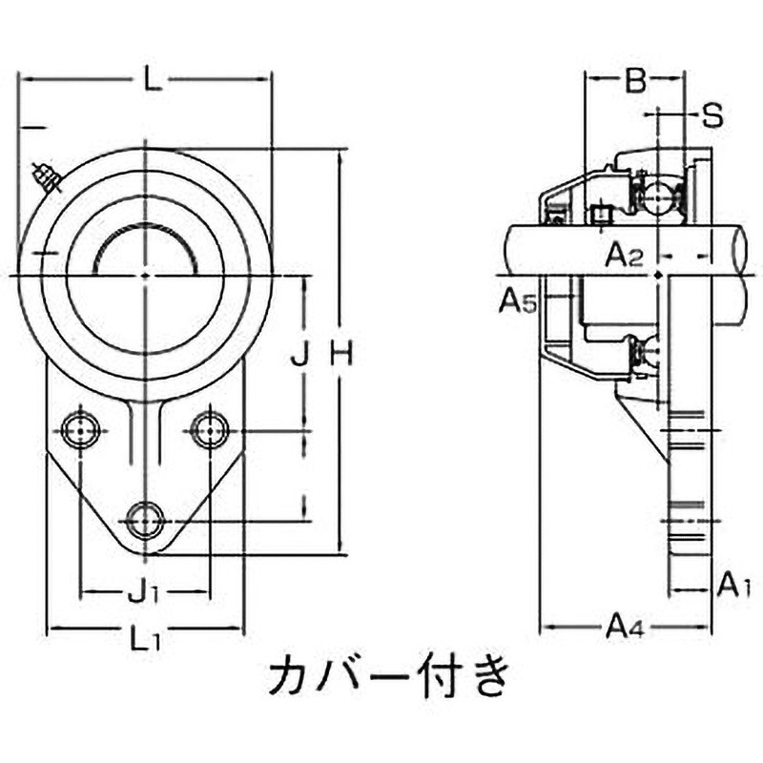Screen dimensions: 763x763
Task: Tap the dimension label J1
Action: pyautogui.click(x=142, y=594)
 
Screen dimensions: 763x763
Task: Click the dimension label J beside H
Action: pyautogui.click(x=299, y=356)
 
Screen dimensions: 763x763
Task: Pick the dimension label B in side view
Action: pyautogui.click(x=635, y=83)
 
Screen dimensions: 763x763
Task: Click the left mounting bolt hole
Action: pyautogui.click(x=78, y=430)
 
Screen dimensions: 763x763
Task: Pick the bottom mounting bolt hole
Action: pyautogui.click(x=144, y=520)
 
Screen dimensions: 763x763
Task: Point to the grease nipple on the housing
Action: pyautogui.click(x=46, y=177)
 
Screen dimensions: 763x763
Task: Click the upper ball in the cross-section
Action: pyautogui.click(x=656, y=197)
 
